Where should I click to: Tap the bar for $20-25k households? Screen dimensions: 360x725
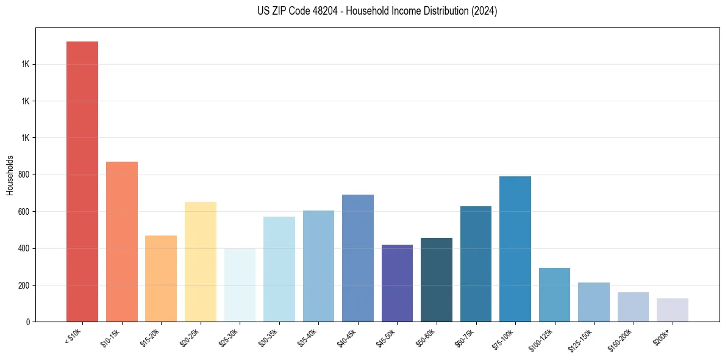[201, 262]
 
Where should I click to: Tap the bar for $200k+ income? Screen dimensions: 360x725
[673, 310]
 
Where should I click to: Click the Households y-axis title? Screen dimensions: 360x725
[10, 175]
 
